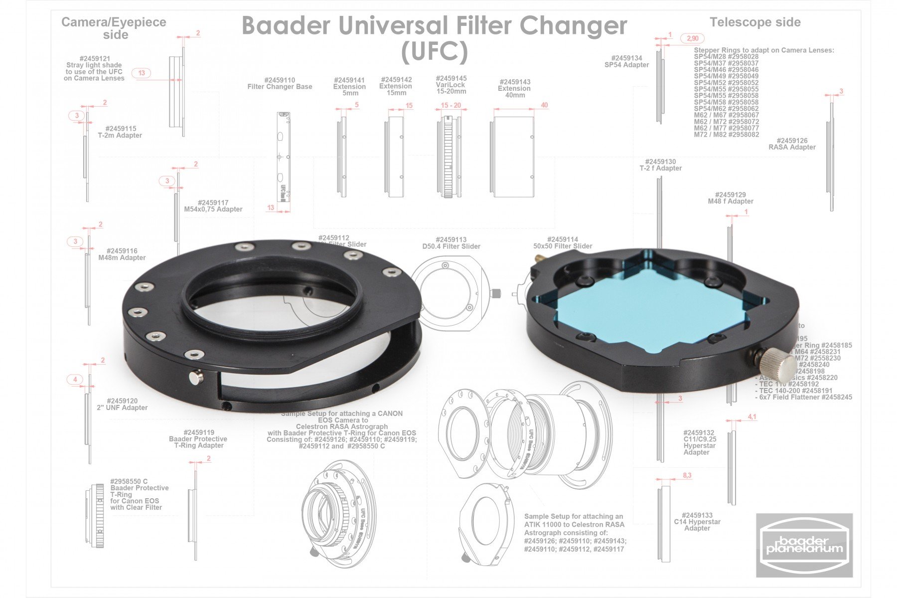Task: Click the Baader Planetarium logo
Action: click(804, 545)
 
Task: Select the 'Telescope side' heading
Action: click(755, 22)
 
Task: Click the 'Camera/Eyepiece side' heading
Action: click(114, 28)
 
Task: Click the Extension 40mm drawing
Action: click(514, 157)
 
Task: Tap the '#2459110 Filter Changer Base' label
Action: click(280, 83)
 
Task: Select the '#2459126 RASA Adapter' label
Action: click(792, 144)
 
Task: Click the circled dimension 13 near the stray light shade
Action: click(142, 73)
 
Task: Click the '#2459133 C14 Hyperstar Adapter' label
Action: click(697, 522)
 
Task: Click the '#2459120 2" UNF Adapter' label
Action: click(122, 404)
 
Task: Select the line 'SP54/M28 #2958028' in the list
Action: click(726, 57)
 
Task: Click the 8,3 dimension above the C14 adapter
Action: click(687, 475)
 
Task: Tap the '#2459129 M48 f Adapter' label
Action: click(731, 198)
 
